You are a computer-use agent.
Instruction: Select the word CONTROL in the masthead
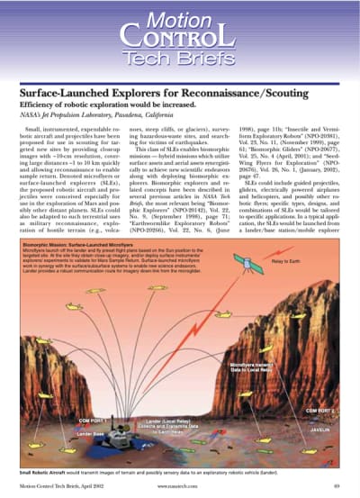[180, 38]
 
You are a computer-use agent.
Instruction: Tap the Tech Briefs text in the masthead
[180, 59]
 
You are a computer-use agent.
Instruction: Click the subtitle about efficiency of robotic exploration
[113, 106]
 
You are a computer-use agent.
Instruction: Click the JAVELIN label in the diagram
[321, 430]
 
